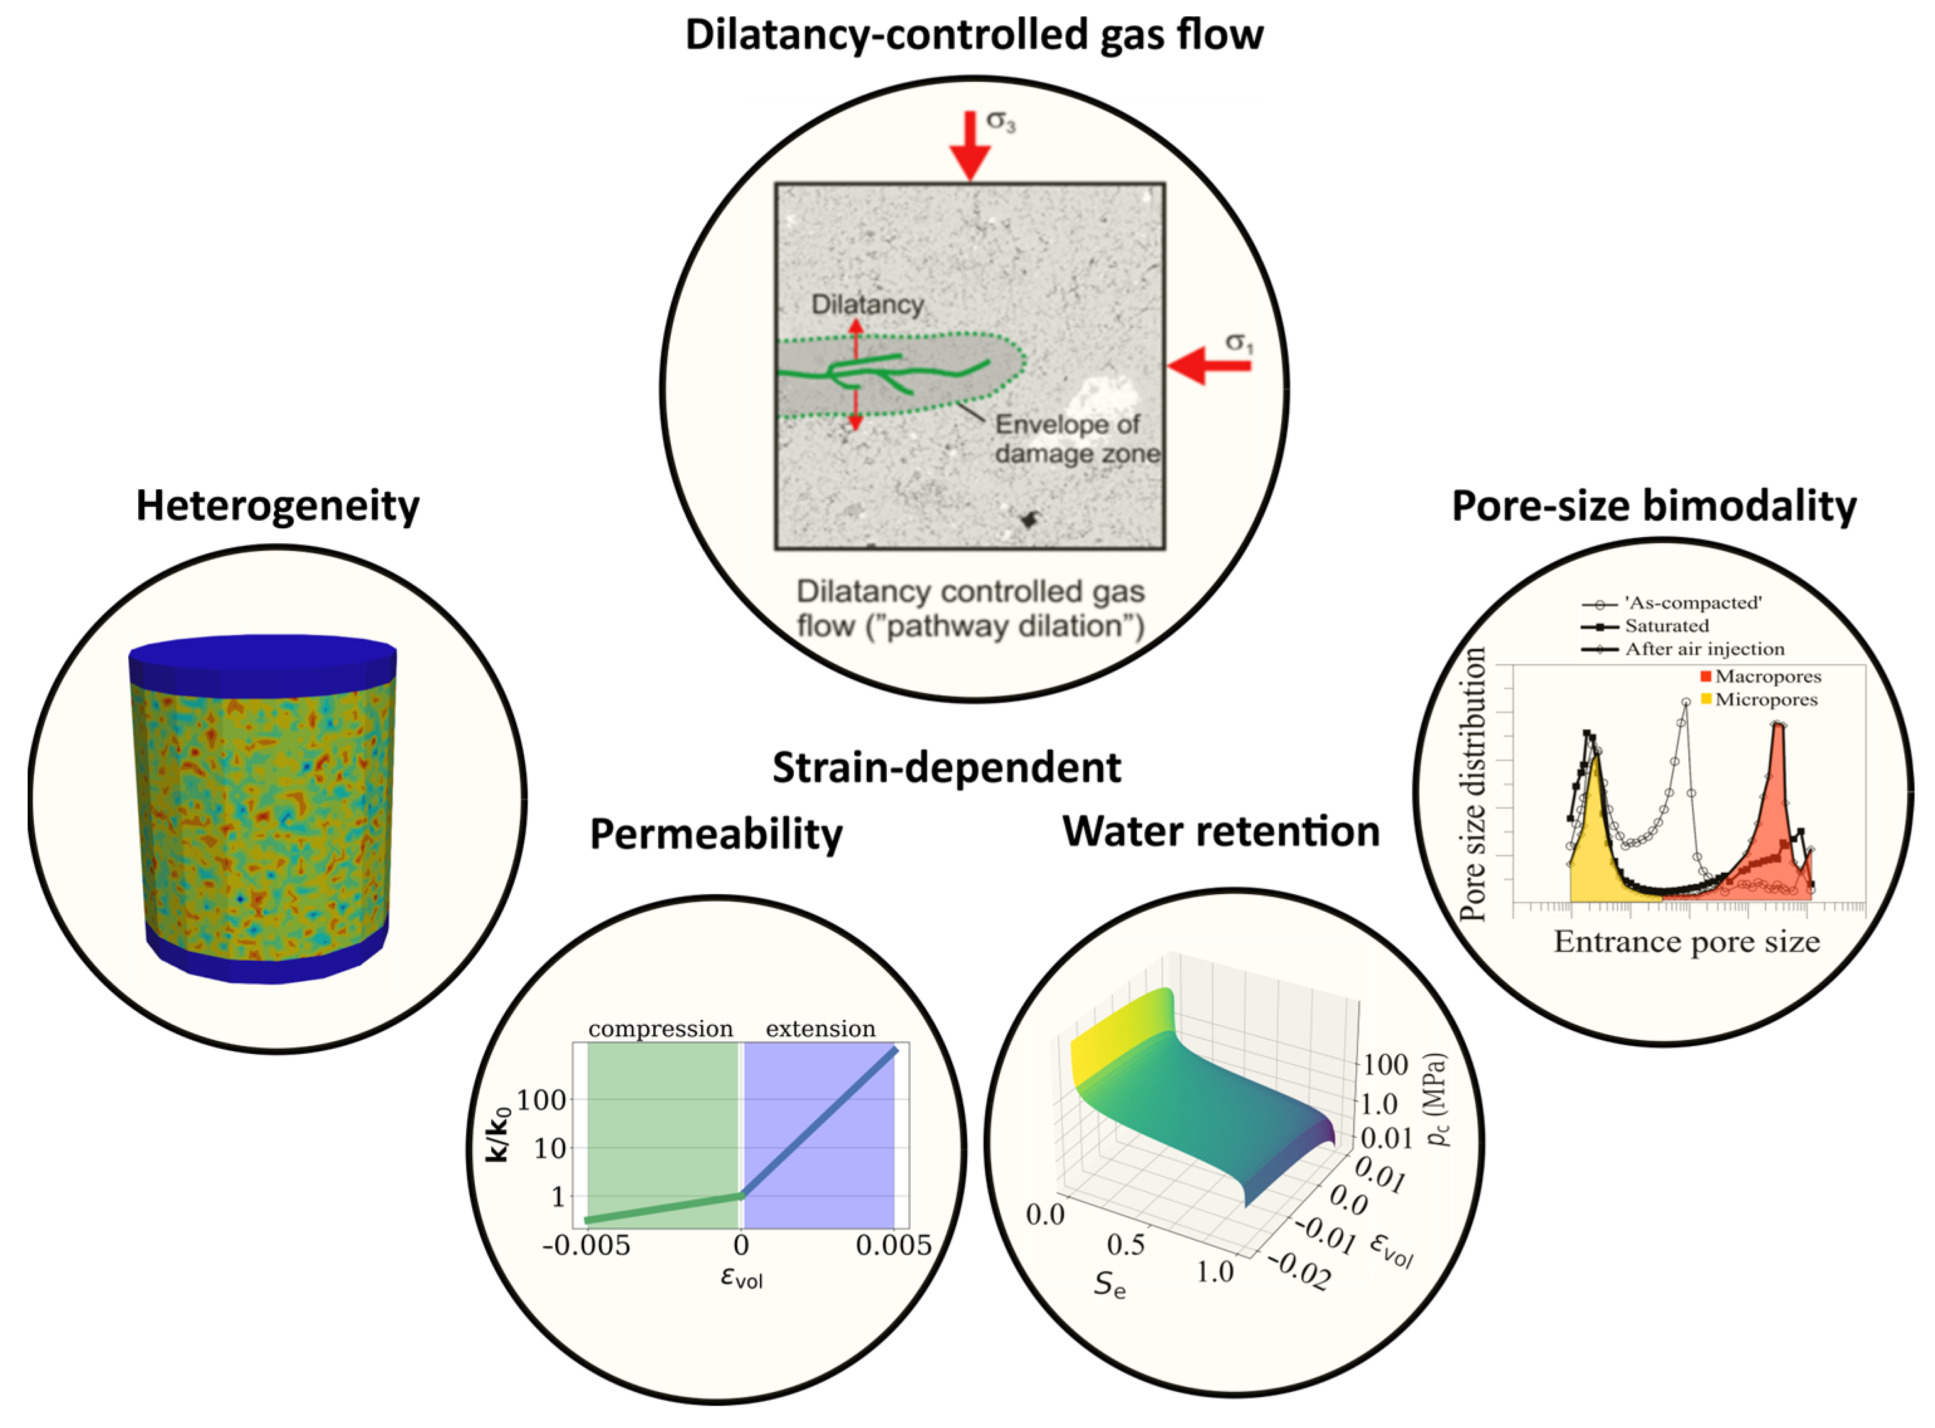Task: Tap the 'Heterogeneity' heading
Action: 278,506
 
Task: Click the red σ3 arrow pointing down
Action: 970,147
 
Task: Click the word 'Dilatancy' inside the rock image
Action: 867,305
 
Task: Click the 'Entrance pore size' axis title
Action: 1686,941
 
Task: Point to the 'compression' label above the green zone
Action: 661,1029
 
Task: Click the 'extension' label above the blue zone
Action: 820,1029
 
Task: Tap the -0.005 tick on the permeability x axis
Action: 586,1246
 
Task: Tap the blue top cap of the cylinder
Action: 263,654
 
